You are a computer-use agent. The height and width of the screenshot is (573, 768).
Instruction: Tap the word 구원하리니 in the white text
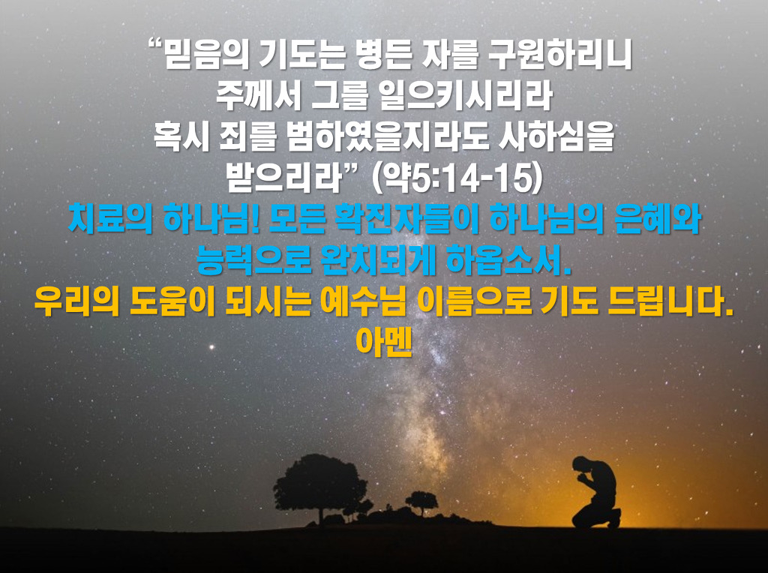[559, 54]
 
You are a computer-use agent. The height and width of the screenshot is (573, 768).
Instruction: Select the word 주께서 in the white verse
[258, 95]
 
